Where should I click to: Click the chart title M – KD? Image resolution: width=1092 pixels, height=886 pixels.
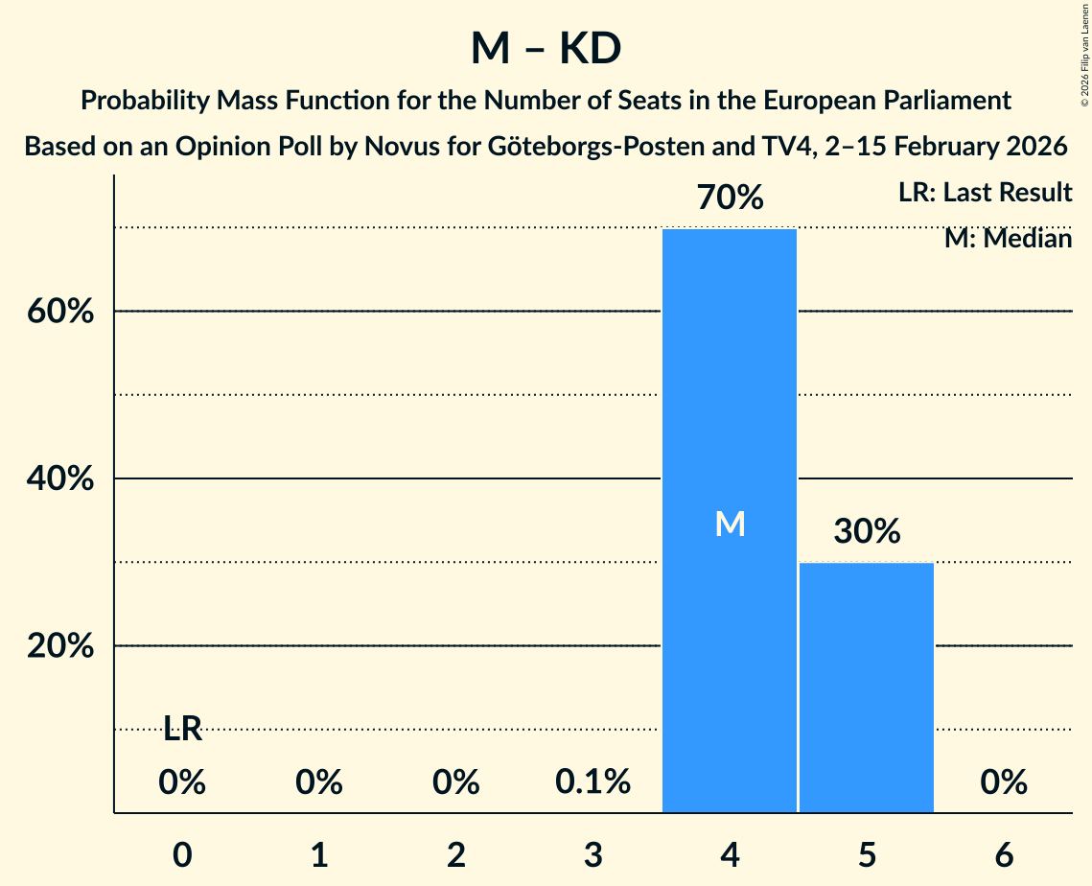[x=546, y=49]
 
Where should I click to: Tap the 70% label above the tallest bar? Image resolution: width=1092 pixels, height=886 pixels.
[x=730, y=198]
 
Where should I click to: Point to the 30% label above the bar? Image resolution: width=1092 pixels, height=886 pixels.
[x=867, y=531]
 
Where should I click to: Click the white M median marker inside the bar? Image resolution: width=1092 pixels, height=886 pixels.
[x=730, y=524]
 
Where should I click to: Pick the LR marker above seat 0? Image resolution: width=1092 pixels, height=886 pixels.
[x=182, y=730]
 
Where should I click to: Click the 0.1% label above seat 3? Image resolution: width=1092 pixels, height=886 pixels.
[x=592, y=782]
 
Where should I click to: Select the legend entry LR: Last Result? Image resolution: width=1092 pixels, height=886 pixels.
[x=985, y=193]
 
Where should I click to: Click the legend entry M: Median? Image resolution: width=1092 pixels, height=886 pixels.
[x=1008, y=238]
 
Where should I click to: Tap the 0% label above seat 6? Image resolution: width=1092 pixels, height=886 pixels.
[x=1004, y=782]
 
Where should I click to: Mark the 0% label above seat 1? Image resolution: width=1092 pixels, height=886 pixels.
[x=319, y=782]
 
